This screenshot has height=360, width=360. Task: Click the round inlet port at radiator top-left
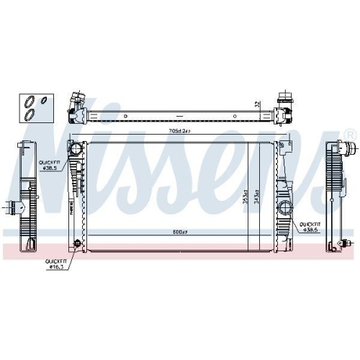(76, 150)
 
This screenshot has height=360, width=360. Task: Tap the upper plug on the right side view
(351, 151)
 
